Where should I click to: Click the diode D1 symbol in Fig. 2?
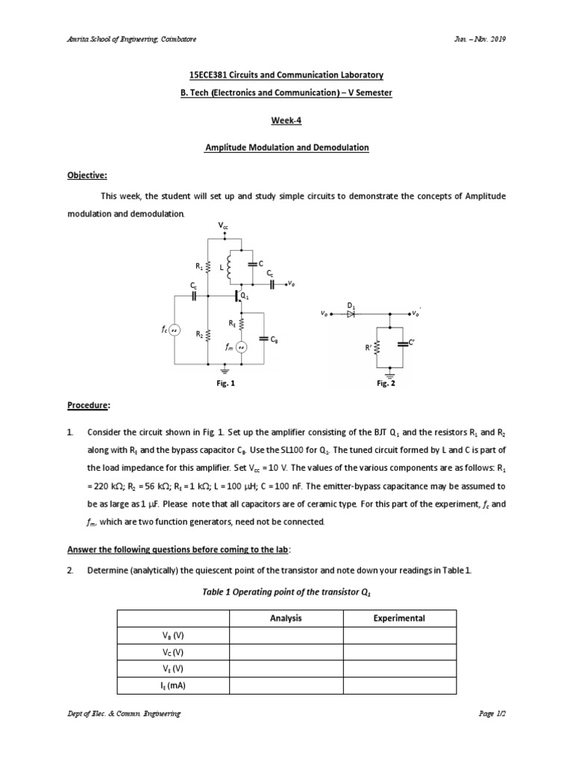coord(351,315)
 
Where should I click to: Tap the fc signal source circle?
coord(175,329)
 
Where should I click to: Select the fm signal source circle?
coord(241,346)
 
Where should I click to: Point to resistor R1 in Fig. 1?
coord(208,266)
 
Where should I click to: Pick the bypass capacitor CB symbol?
coord(263,339)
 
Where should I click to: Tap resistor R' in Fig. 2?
coord(377,348)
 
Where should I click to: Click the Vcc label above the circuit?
coord(224,225)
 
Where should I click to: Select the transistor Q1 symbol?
coord(238,296)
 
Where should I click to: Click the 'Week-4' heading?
coord(286,120)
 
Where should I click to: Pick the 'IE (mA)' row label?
coord(172,685)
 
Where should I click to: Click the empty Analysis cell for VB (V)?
coord(286,635)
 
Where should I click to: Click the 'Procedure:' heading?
coord(89,406)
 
